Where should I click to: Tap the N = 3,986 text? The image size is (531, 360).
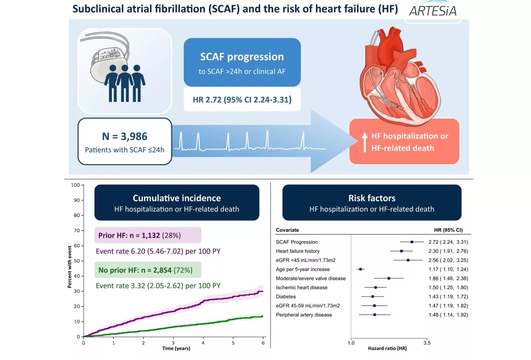click(x=125, y=136)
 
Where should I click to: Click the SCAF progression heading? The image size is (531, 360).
click(x=242, y=57)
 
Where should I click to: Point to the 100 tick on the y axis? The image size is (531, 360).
click(x=75, y=185)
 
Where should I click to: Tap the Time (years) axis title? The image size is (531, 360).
click(x=173, y=349)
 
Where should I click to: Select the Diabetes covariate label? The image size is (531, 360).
click(x=286, y=296)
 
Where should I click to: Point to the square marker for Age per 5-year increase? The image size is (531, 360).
click(x=360, y=269)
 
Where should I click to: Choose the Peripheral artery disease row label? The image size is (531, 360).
click(x=304, y=315)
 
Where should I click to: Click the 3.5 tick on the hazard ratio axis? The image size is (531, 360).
click(x=427, y=342)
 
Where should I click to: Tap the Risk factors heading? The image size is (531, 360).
click(x=371, y=198)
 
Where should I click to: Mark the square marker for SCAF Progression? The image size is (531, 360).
click(x=412, y=242)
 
